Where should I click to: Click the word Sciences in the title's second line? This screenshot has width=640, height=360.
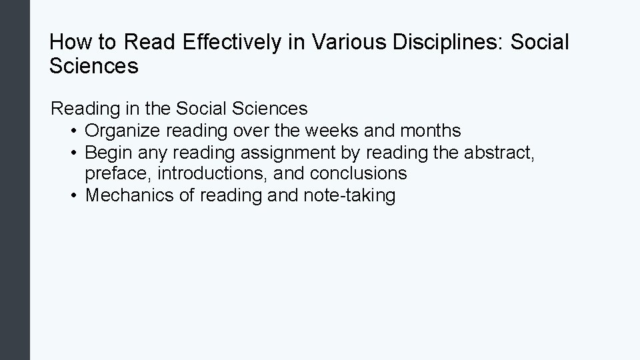(94, 66)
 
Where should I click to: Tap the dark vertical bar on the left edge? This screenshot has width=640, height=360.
(15, 180)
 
